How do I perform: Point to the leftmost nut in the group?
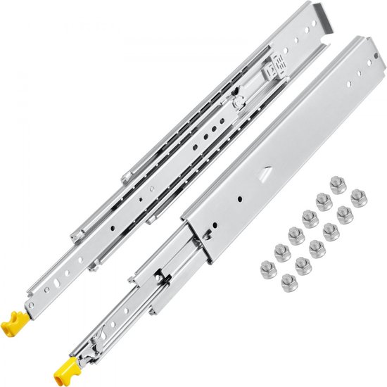tap(267, 267)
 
